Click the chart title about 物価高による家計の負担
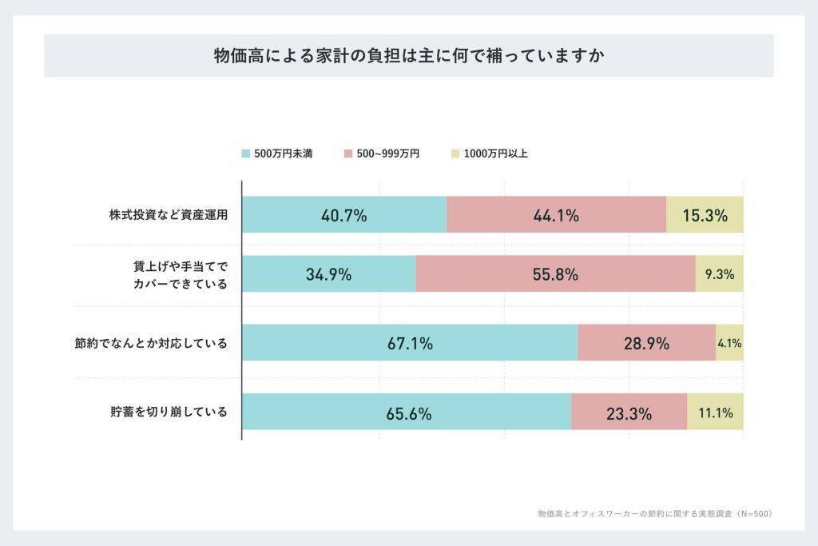click(408, 56)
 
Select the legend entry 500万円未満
click(276, 153)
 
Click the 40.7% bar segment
click(344, 215)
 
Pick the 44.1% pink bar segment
click(556, 215)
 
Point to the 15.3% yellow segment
click(705, 215)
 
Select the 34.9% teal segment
click(328, 274)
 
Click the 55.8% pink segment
click(555, 274)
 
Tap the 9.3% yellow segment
click(719, 274)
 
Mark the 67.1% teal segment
click(410, 343)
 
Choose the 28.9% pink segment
click(646, 343)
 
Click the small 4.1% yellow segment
click(729, 343)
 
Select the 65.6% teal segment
click(407, 412)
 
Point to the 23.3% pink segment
click(629, 412)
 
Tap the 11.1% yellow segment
click(715, 412)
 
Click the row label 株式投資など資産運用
click(169, 215)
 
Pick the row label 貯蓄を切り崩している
click(169, 412)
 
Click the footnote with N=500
click(655, 513)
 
